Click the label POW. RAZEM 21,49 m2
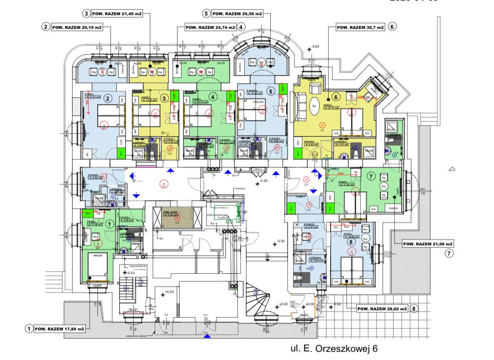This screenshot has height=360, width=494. tap(117, 14)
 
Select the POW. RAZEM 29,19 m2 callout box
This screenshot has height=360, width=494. tap(76, 27)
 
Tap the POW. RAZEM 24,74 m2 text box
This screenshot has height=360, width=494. tap(210, 27)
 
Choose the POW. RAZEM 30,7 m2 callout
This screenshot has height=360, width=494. tap(361, 27)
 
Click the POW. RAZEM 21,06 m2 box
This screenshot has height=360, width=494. tap(428, 244)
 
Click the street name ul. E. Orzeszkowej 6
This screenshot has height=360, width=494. tap(335, 349)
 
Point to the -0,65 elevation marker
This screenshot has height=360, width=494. tap(315, 47)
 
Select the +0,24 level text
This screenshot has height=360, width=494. tap(169, 291)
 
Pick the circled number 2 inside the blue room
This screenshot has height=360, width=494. tap(108, 98)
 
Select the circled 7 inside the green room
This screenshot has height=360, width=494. tap(371, 176)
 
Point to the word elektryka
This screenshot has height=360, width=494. tap(240, 188)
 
